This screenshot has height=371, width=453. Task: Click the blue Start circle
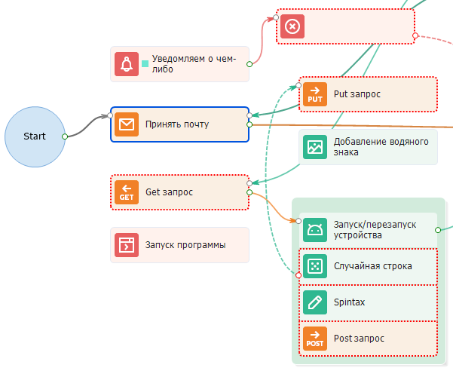coord(35,136)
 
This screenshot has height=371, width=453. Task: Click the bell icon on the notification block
coord(127,64)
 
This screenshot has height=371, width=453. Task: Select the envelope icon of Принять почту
coord(127,124)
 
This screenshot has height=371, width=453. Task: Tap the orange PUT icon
coord(315,94)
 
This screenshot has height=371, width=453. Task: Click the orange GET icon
coord(127,192)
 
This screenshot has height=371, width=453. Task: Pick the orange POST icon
coord(315,339)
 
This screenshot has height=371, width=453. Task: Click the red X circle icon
coord(292,27)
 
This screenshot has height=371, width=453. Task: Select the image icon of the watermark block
coord(315,147)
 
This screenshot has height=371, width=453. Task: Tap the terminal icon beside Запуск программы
coord(127,245)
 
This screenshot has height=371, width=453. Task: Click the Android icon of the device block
coord(315,229)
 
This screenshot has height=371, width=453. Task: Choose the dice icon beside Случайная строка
coord(315,265)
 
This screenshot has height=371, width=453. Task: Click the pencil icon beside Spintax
coord(315,302)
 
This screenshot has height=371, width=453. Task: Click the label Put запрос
coord(357,94)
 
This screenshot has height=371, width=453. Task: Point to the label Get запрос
coord(169,192)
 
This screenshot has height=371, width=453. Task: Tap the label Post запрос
coord(359,339)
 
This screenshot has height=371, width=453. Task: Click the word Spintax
coord(349,302)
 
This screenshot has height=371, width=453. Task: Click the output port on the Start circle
coord(65,136)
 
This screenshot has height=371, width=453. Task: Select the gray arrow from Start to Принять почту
coord(87,124)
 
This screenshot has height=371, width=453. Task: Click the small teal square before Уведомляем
coord(145,64)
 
